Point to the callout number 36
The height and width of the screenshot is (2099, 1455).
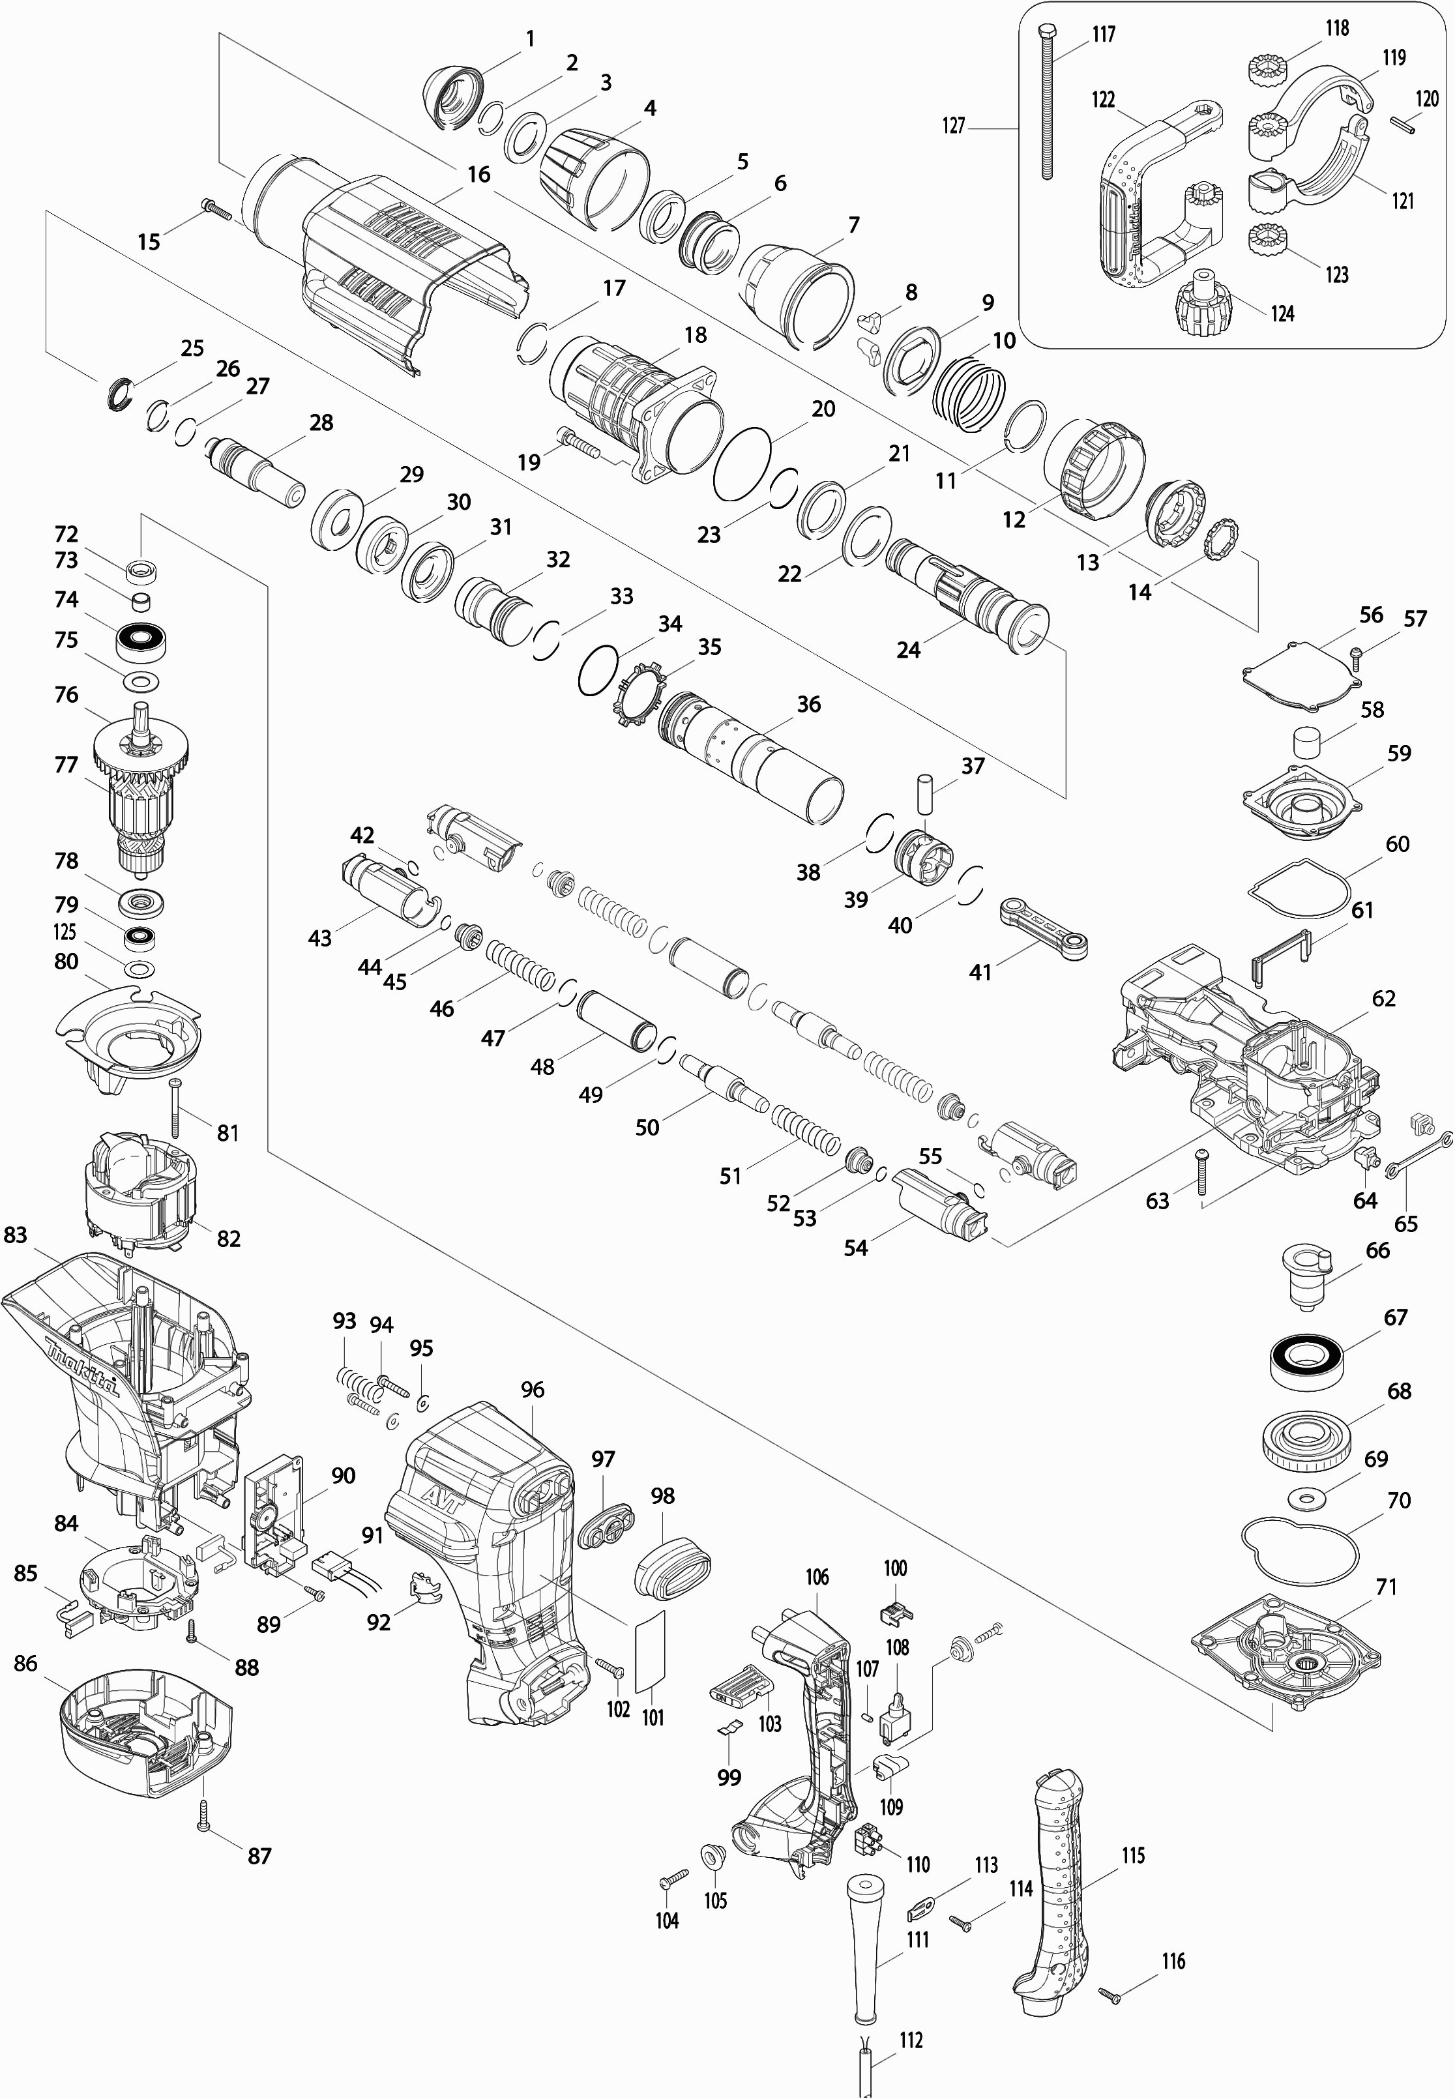(808, 705)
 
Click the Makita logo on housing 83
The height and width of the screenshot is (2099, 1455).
(82, 1364)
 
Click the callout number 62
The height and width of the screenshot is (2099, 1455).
(1383, 999)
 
